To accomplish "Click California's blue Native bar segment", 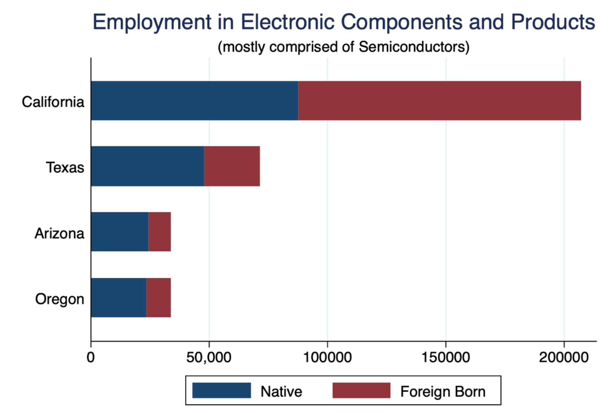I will point(195,101).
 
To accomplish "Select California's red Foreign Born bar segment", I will point(439,101).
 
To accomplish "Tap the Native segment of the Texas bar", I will point(147,166).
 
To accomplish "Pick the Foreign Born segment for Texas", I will point(232,166).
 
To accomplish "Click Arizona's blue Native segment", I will point(120,232).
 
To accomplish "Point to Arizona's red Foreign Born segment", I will point(160,232).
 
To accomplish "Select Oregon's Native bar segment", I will point(118,297).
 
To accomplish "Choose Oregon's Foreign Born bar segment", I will point(159,297).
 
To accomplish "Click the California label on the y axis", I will point(53,102).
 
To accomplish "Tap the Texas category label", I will point(65,167).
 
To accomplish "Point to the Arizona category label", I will point(59,233).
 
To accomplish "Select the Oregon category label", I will point(59,299).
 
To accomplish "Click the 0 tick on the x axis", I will point(91,357).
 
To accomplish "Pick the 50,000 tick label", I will point(209,357).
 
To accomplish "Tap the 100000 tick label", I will point(327,357).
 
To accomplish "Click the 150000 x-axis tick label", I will point(446,357).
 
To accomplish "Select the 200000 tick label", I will point(564,357).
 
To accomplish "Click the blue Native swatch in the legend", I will point(221,391).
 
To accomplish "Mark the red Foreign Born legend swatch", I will point(361,391).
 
